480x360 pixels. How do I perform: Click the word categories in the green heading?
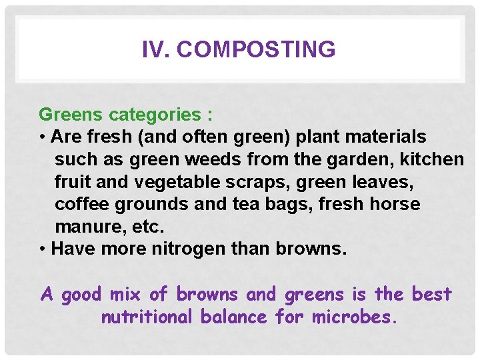[153, 115]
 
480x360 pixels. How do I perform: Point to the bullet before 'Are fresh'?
[43, 137]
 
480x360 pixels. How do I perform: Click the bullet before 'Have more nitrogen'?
[43, 249]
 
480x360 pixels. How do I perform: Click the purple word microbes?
[355, 317]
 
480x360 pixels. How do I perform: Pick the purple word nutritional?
[147, 317]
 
